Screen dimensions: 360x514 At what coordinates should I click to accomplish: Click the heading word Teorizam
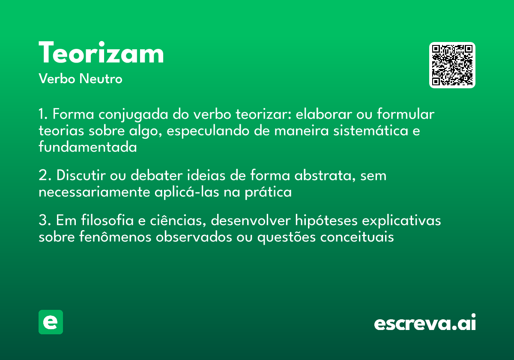coord(101,54)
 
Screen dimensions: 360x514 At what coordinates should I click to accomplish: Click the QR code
coord(452,65)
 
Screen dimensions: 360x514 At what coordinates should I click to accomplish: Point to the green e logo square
coord(51,322)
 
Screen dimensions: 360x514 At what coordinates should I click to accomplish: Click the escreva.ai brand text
coord(425,323)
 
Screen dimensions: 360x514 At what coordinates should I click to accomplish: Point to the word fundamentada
coord(87,147)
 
